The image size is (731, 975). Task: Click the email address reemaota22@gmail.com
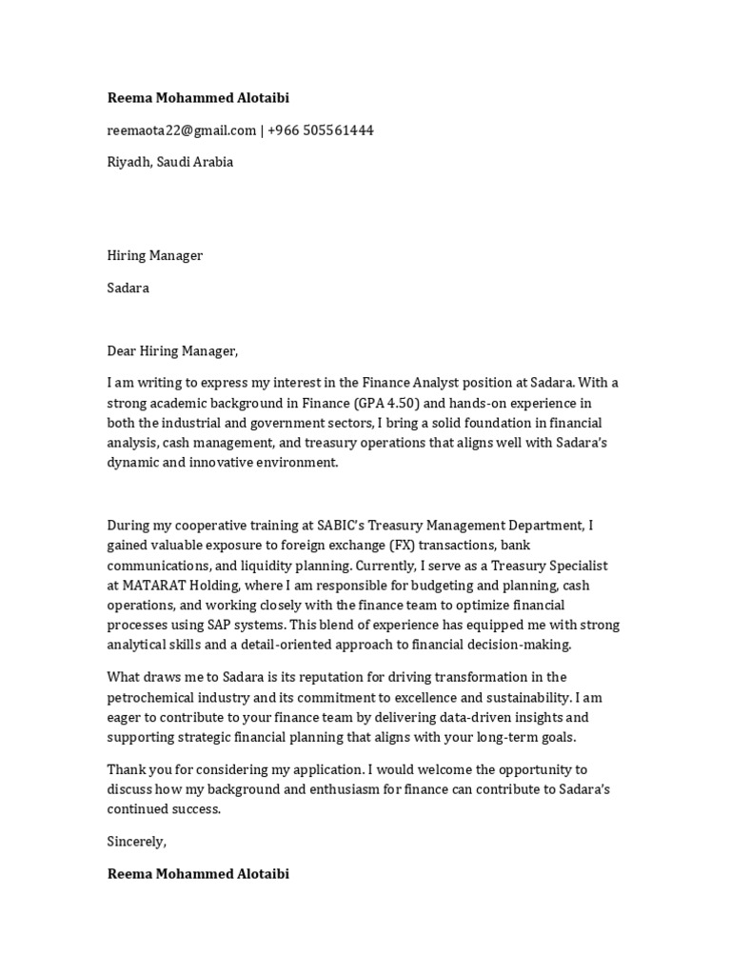tap(181, 130)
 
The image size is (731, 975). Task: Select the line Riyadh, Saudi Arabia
tap(169, 162)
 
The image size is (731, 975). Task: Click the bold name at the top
tap(198, 98)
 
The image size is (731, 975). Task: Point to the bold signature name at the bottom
tap(198, 873)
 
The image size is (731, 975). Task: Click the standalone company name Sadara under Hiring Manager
tap(128, 288)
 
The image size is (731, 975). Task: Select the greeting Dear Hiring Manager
tap(171, 351)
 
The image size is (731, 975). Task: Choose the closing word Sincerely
tap(136, 842)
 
